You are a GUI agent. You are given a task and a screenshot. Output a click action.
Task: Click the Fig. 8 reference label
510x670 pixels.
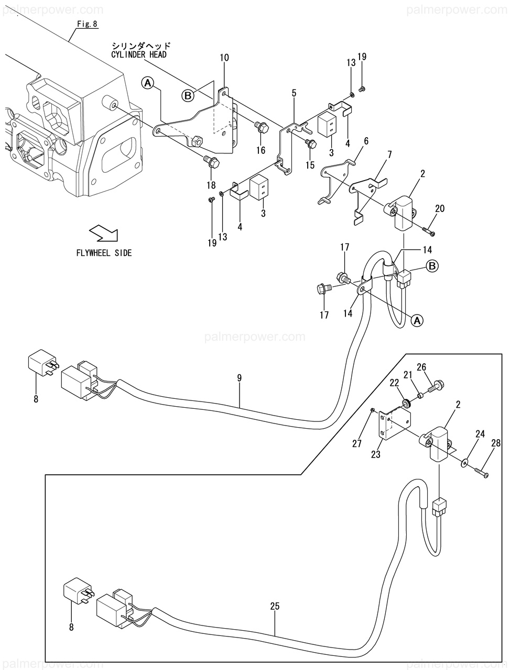pyautogui.click(x=88, y=24)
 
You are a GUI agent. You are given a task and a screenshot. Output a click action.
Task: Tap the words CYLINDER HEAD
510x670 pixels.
pyautogui.click(x=139, y=54)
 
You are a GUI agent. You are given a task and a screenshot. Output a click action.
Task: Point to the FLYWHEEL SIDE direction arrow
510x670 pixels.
pyautogui.click(x=104, y=233)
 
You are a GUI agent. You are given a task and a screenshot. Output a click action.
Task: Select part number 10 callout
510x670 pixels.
pyautogui.click(x=224, y=58)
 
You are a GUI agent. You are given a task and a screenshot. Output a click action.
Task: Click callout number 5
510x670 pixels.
pyautogui.click(x=294, y=93)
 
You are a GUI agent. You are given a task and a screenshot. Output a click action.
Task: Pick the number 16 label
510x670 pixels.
pyautogui.click(x=261, y=150)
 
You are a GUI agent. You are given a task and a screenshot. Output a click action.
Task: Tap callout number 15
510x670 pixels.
pyautogui.click(x=310, y=165)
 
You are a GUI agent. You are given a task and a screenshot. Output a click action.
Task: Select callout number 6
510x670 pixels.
pyautogui.click(x=366, y=141)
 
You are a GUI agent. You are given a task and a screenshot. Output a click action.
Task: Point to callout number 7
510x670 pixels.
pyautogui.click(x=389, y=155)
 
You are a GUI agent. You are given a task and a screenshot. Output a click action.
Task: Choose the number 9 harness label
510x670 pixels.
pyautogui.click(x=239, y=378)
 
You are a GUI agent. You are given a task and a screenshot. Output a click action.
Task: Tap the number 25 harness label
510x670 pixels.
pyautogui.click(x=275, y=606)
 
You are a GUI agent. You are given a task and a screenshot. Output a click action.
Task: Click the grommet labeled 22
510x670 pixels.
pyautogui.click(x=406, y=404)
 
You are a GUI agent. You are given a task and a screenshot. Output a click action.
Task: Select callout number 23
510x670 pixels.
pyautogui.click(x=375, y=454)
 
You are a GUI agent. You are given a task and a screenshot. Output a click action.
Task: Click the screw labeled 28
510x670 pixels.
pyautogui.click(x=482, y=473)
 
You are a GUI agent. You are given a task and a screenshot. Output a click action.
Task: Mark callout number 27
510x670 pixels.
pyautogui.click(x=357, y=444)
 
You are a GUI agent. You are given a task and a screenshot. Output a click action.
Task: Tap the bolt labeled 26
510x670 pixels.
pyautogui.click(x=437, y=386)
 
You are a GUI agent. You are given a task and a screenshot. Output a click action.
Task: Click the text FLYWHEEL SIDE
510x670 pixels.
pyautogui.click(x=104, y=253)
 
